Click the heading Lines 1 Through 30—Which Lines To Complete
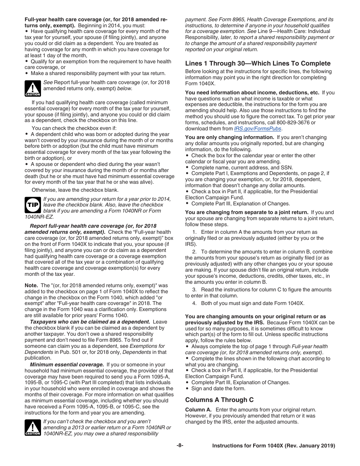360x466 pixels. pyautogui.click(x=258, y=63)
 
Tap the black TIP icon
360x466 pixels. pyautogui.click(x=33, y=205)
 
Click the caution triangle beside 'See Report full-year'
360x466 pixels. pyautogui.click(x=33, y=88)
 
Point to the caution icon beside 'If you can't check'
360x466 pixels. pyautogui.click(x=33, y=427)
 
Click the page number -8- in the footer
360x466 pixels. pyautogui.click(x=180, y=446)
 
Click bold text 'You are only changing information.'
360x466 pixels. pyautogui.click(x=230, y=137)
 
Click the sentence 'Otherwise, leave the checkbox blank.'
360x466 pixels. pyautogui.click(x=75, y=190)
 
